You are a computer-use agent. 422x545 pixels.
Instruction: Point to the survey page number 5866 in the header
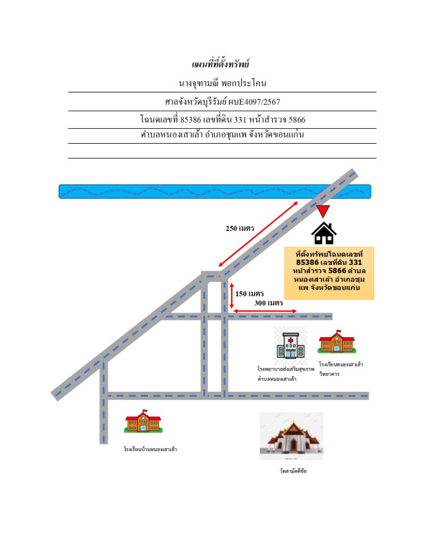[x=297, y=120]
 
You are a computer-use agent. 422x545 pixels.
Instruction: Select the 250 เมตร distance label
[x=240, y=229]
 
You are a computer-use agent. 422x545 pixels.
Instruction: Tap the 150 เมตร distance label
[x=250, y=294]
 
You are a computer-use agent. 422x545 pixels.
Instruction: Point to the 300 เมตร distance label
[x=268, y=303]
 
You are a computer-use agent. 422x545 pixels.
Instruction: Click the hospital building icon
[x=290, y=345]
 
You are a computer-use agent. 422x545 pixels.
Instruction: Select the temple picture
[x=291, y=436]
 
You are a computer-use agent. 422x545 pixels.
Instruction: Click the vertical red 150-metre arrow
[x=232, y=297]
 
